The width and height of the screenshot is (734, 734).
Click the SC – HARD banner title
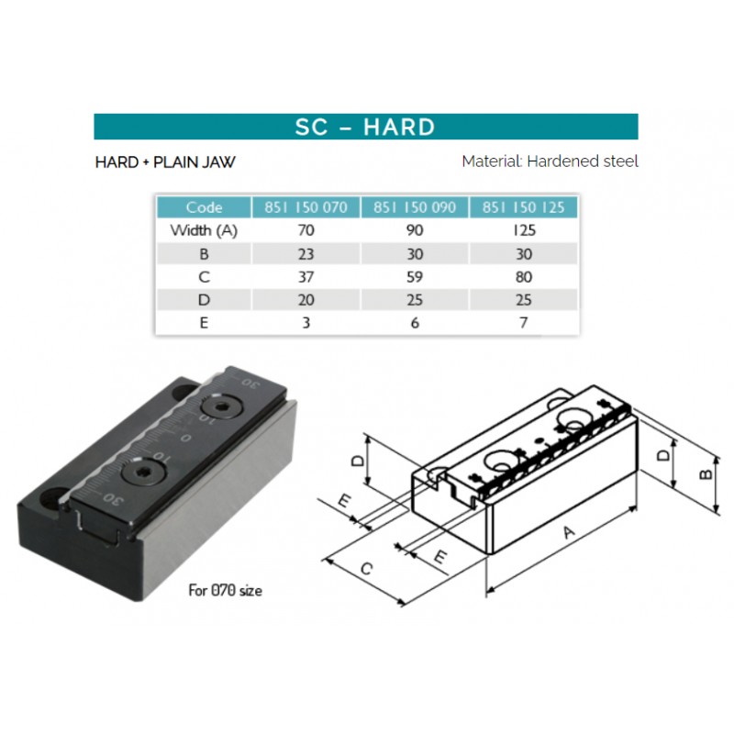[x=365, y=127]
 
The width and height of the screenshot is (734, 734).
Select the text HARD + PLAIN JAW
[x=165, y=162]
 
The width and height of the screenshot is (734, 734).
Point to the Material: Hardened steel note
[x=550, y=161]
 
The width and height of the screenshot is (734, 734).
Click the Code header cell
[x=204, y=207]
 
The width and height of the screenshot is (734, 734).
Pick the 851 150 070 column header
[x=306, y=207]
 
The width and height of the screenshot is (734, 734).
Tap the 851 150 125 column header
[x=523, y=207]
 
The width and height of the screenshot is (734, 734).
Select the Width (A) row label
[x=204, y=230]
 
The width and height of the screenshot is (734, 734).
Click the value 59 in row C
[x=415, y=277]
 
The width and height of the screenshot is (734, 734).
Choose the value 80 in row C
[x=523, y=277]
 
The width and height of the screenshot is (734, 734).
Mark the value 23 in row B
[x=306, y=254]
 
